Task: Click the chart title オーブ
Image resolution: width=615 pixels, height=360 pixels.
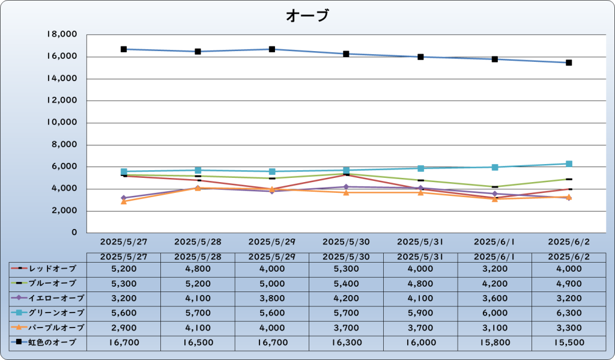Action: [307, 16]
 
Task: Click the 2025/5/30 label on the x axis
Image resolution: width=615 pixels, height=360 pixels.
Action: [346, 242]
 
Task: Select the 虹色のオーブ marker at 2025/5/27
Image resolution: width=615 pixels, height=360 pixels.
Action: [124, 49]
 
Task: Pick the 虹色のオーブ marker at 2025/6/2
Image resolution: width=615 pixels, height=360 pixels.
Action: [569, 63]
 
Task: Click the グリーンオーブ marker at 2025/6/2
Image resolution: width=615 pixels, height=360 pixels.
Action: [569, 164]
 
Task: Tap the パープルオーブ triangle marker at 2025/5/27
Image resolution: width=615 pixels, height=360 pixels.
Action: [124, 201]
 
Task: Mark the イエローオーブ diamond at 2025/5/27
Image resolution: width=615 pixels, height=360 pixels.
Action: [124, 198]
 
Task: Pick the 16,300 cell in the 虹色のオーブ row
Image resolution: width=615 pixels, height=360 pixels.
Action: [346, 343]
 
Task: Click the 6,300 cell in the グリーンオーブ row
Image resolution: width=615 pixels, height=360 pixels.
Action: [569, 313]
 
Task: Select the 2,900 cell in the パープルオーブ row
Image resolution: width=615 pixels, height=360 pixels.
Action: [124, 328]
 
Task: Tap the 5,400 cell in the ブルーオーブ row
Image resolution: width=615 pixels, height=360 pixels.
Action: [346, 283]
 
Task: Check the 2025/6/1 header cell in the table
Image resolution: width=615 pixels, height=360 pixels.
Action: [494, 257]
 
